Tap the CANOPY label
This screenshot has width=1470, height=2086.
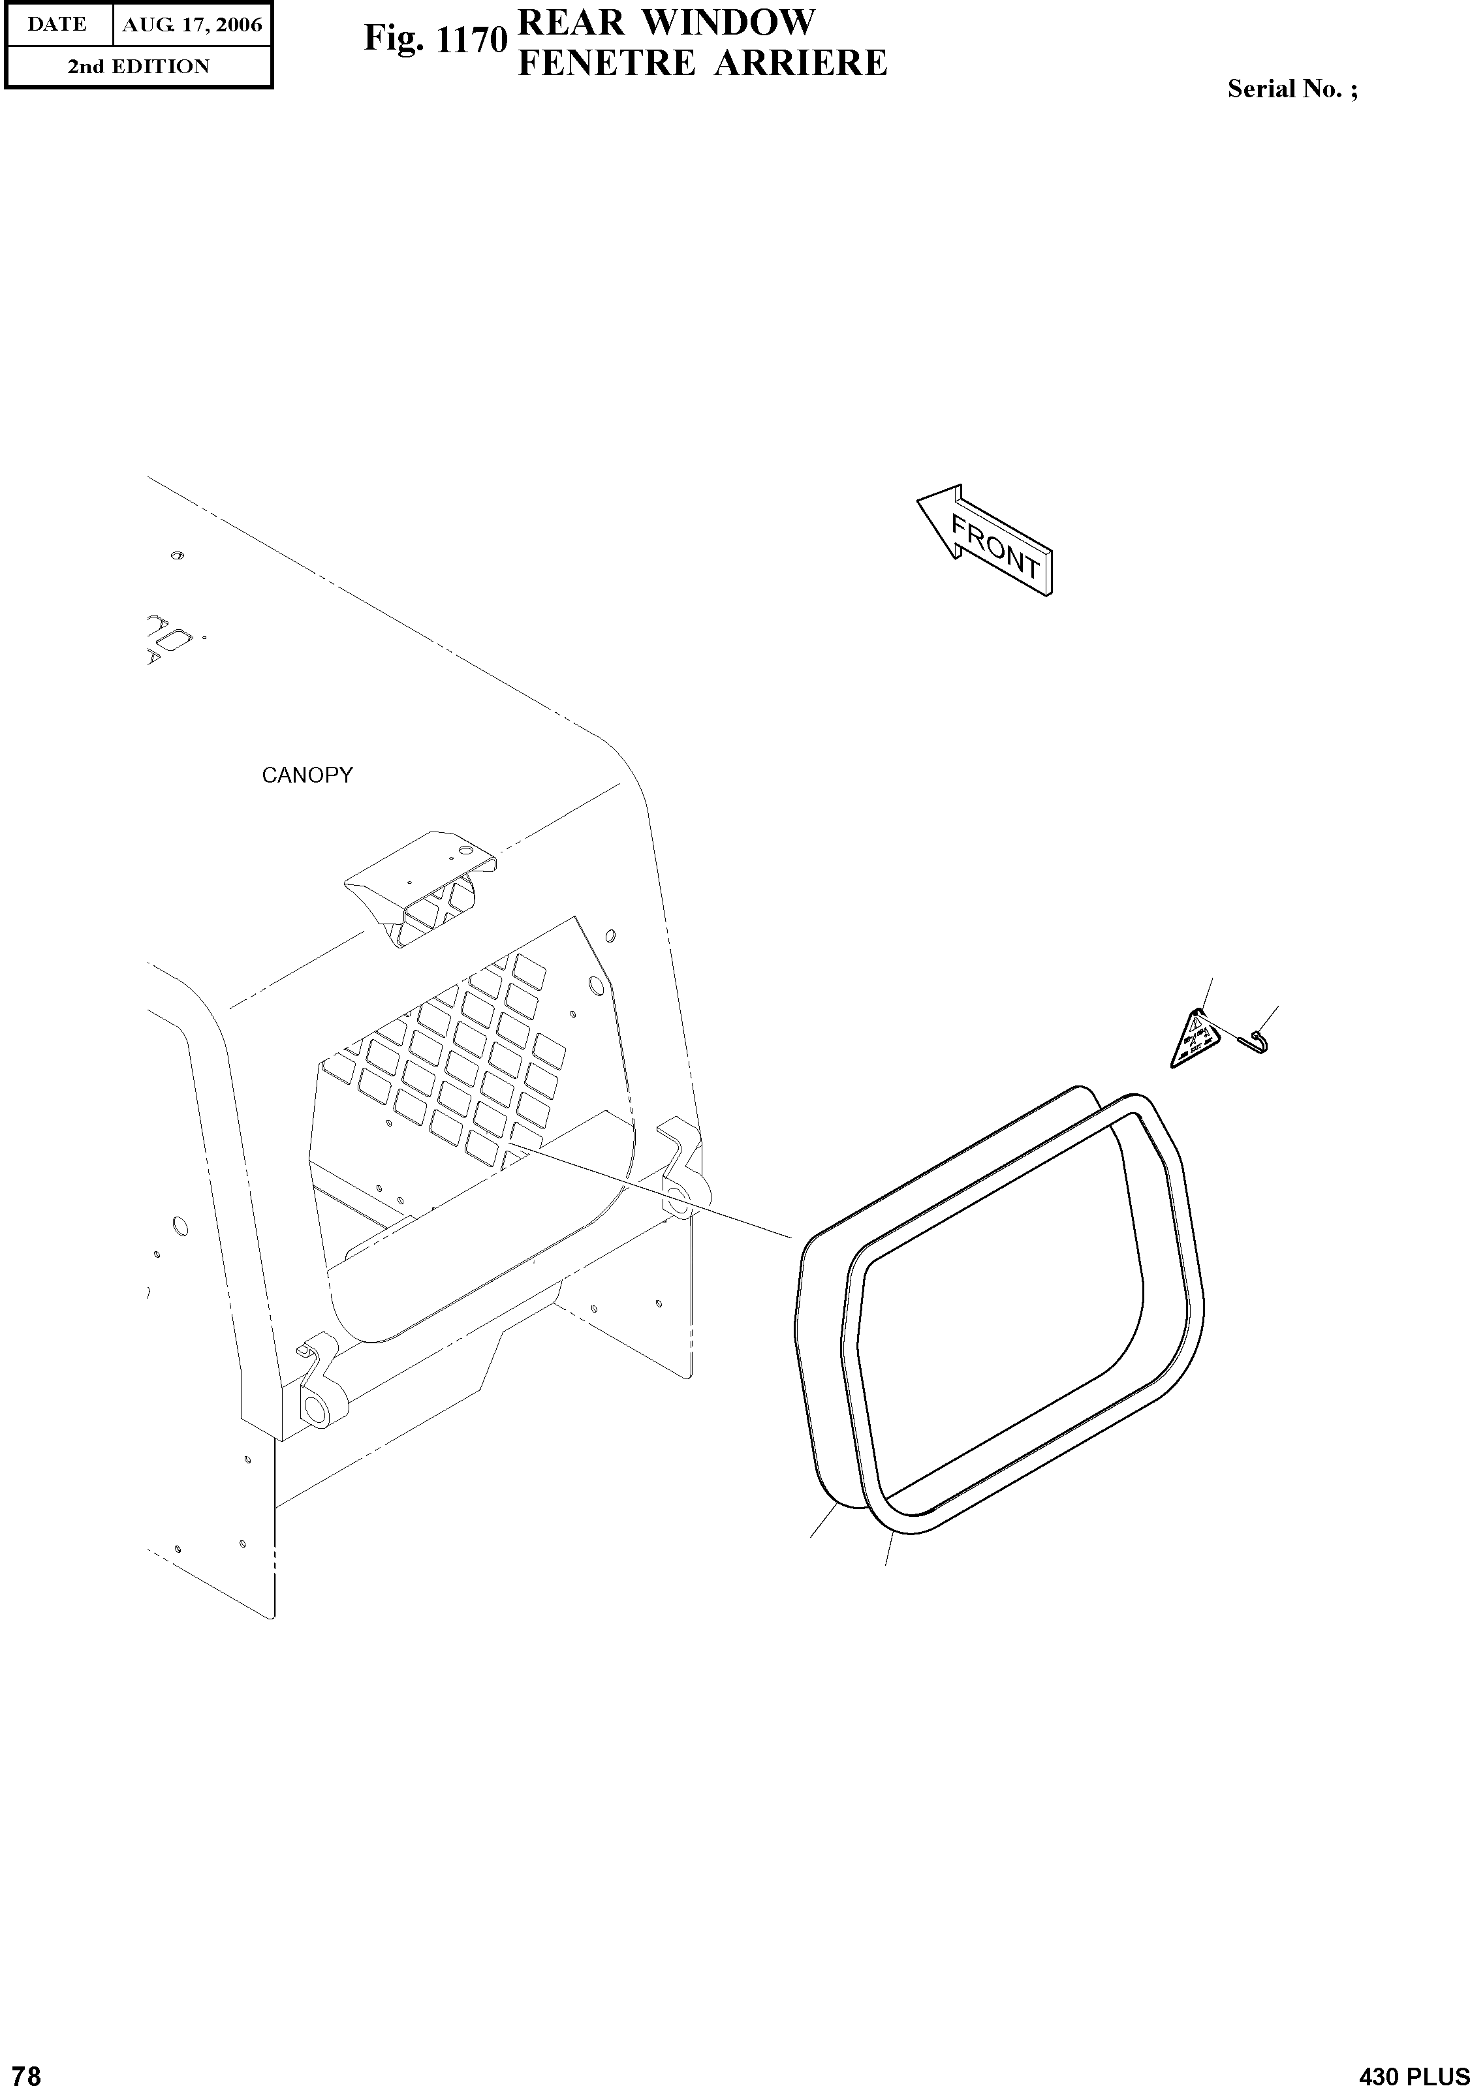[306, 775]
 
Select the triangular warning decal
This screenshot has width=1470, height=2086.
[1193, 1040]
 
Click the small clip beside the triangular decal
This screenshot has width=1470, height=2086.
[1257, 1041]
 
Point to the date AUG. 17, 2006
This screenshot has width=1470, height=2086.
[192, 25]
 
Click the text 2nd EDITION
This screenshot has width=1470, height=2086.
[138, 67]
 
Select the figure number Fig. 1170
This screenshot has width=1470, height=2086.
[435, 40]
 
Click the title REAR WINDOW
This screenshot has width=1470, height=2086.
[666, 22]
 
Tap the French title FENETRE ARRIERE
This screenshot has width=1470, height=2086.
[702, 63]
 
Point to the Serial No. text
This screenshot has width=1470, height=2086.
[1292, 89]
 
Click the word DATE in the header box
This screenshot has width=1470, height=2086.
[57, 25]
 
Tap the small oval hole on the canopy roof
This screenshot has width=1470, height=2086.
[177, 555]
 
